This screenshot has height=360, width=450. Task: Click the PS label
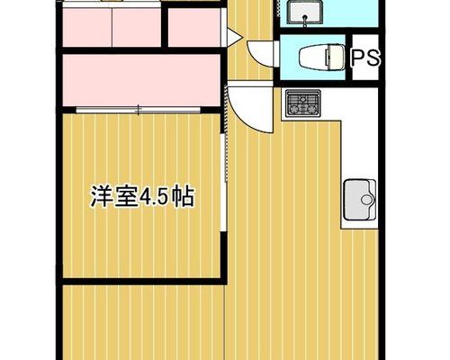[x=365, y=58]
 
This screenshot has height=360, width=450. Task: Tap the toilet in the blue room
[x=322, y=57]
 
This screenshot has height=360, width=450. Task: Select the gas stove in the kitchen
[x=303, y=103]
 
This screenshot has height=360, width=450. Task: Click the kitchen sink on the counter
[x=359, y=200]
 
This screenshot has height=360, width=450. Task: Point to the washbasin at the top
[x=305, y=12]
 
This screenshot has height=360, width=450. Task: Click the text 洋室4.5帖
[x=142, y=197]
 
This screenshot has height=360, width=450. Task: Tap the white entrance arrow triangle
[x=234, y=38]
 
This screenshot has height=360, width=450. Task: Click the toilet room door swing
[x=260, y=54]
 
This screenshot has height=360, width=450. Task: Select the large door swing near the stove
[x=250, y=110]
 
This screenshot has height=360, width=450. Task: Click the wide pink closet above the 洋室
[x=141, y=80]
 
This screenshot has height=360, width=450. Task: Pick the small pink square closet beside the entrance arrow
[x=194, y=28]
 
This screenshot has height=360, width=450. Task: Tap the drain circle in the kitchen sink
[x=366, y=200]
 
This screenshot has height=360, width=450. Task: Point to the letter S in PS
[x=373, y=58]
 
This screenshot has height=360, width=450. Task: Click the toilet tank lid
[x=337, y=57]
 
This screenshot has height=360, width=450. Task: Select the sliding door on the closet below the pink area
[x=138, y=110]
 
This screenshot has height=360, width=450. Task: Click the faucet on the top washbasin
[x=305, y=21]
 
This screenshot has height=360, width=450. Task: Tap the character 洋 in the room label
[x=101, y=197]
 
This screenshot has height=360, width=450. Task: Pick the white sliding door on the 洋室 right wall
[x=223, y=183]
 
